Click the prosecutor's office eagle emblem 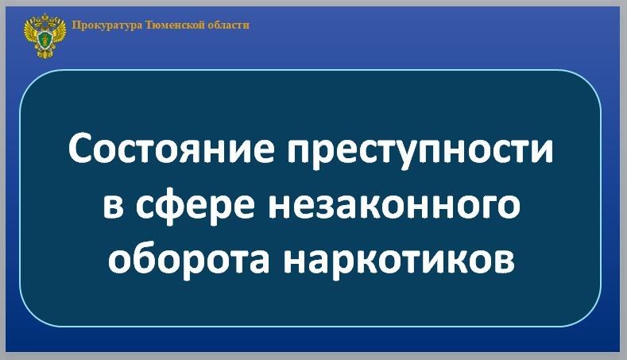click(45, 36)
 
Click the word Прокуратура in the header click(106, 25)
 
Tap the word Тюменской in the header click(174, 25)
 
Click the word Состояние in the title click(172, 150)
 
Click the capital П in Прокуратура click(75, 25)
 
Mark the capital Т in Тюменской click(149, 25)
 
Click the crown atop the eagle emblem click(45, 17)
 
